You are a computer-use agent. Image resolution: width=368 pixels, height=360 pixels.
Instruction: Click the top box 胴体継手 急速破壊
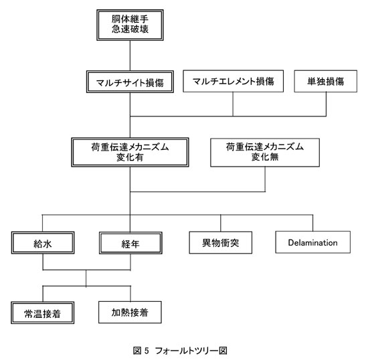coord(130,25)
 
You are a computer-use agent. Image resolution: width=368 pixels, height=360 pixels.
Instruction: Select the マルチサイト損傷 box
coord(130,82)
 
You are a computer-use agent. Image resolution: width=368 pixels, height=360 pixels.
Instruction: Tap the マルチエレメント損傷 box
coord(233,81)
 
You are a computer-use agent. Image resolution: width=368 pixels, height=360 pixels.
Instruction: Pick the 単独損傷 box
coord(326,81)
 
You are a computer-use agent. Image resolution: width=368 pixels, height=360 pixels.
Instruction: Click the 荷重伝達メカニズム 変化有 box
coord(130,153)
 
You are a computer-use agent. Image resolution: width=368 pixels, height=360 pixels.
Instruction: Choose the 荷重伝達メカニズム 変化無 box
coord(265,153)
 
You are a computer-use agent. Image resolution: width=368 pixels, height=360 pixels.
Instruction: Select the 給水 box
coord(43,243)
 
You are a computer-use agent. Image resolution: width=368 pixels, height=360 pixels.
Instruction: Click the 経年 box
coord(130,243)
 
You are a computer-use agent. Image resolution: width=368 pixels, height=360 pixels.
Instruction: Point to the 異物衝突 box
coord(220,242)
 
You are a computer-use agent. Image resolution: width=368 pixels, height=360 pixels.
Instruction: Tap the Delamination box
coord(313,242)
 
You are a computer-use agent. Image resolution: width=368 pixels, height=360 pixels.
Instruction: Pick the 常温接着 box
coord(42,312)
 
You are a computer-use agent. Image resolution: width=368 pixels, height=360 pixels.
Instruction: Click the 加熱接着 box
coord(130,312)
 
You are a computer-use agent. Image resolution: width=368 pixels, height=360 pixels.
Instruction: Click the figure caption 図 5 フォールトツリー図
coord(180,351)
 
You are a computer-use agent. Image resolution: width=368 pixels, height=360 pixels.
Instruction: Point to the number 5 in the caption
coord(147,351)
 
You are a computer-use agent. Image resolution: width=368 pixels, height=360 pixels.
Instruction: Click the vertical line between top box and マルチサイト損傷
coord(130,56)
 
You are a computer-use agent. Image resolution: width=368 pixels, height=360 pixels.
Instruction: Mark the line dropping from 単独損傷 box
coord(326,104)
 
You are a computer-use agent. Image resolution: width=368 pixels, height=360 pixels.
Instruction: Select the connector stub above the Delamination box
coord(312,223)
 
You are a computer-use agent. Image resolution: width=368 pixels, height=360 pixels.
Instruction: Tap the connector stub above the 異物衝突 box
coord(220,223)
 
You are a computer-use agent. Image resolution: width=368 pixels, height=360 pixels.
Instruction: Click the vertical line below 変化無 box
coord(265,179)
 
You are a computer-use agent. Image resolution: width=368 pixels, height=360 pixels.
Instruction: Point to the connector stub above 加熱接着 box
coord(130,294)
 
